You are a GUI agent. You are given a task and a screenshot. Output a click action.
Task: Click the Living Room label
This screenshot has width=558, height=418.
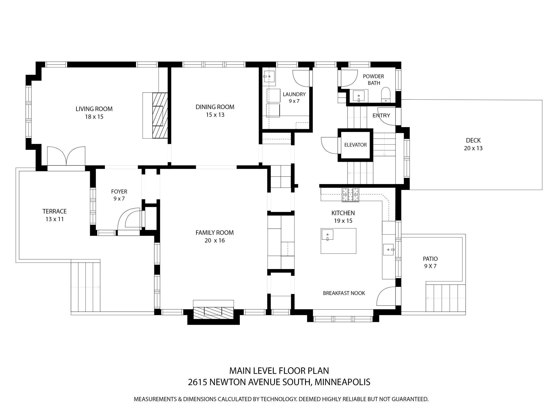94,109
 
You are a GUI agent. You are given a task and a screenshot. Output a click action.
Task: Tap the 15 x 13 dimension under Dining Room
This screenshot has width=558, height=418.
215,115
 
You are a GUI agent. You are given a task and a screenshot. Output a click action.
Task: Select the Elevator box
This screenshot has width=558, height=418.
355,145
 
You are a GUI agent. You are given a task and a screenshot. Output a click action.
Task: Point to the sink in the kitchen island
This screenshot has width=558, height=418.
328,235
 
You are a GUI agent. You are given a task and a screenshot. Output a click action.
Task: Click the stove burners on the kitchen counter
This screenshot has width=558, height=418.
350,195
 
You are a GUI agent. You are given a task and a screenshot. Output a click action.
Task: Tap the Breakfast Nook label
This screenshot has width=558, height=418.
344,293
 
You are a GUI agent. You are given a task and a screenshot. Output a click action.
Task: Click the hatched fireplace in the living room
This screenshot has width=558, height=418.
160,115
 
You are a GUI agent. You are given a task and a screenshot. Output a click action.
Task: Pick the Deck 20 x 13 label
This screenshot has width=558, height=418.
473,144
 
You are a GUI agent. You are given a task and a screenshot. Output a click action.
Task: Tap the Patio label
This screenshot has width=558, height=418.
430,259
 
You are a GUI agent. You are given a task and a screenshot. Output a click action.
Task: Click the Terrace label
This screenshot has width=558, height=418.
54,211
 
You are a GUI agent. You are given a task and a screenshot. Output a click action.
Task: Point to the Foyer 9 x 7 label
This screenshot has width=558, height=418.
119,195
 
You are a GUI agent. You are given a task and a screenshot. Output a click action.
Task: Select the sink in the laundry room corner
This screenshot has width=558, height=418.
269,76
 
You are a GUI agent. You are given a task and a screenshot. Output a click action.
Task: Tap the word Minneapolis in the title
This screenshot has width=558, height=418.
342,382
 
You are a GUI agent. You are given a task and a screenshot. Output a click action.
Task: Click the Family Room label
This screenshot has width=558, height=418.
215,233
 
